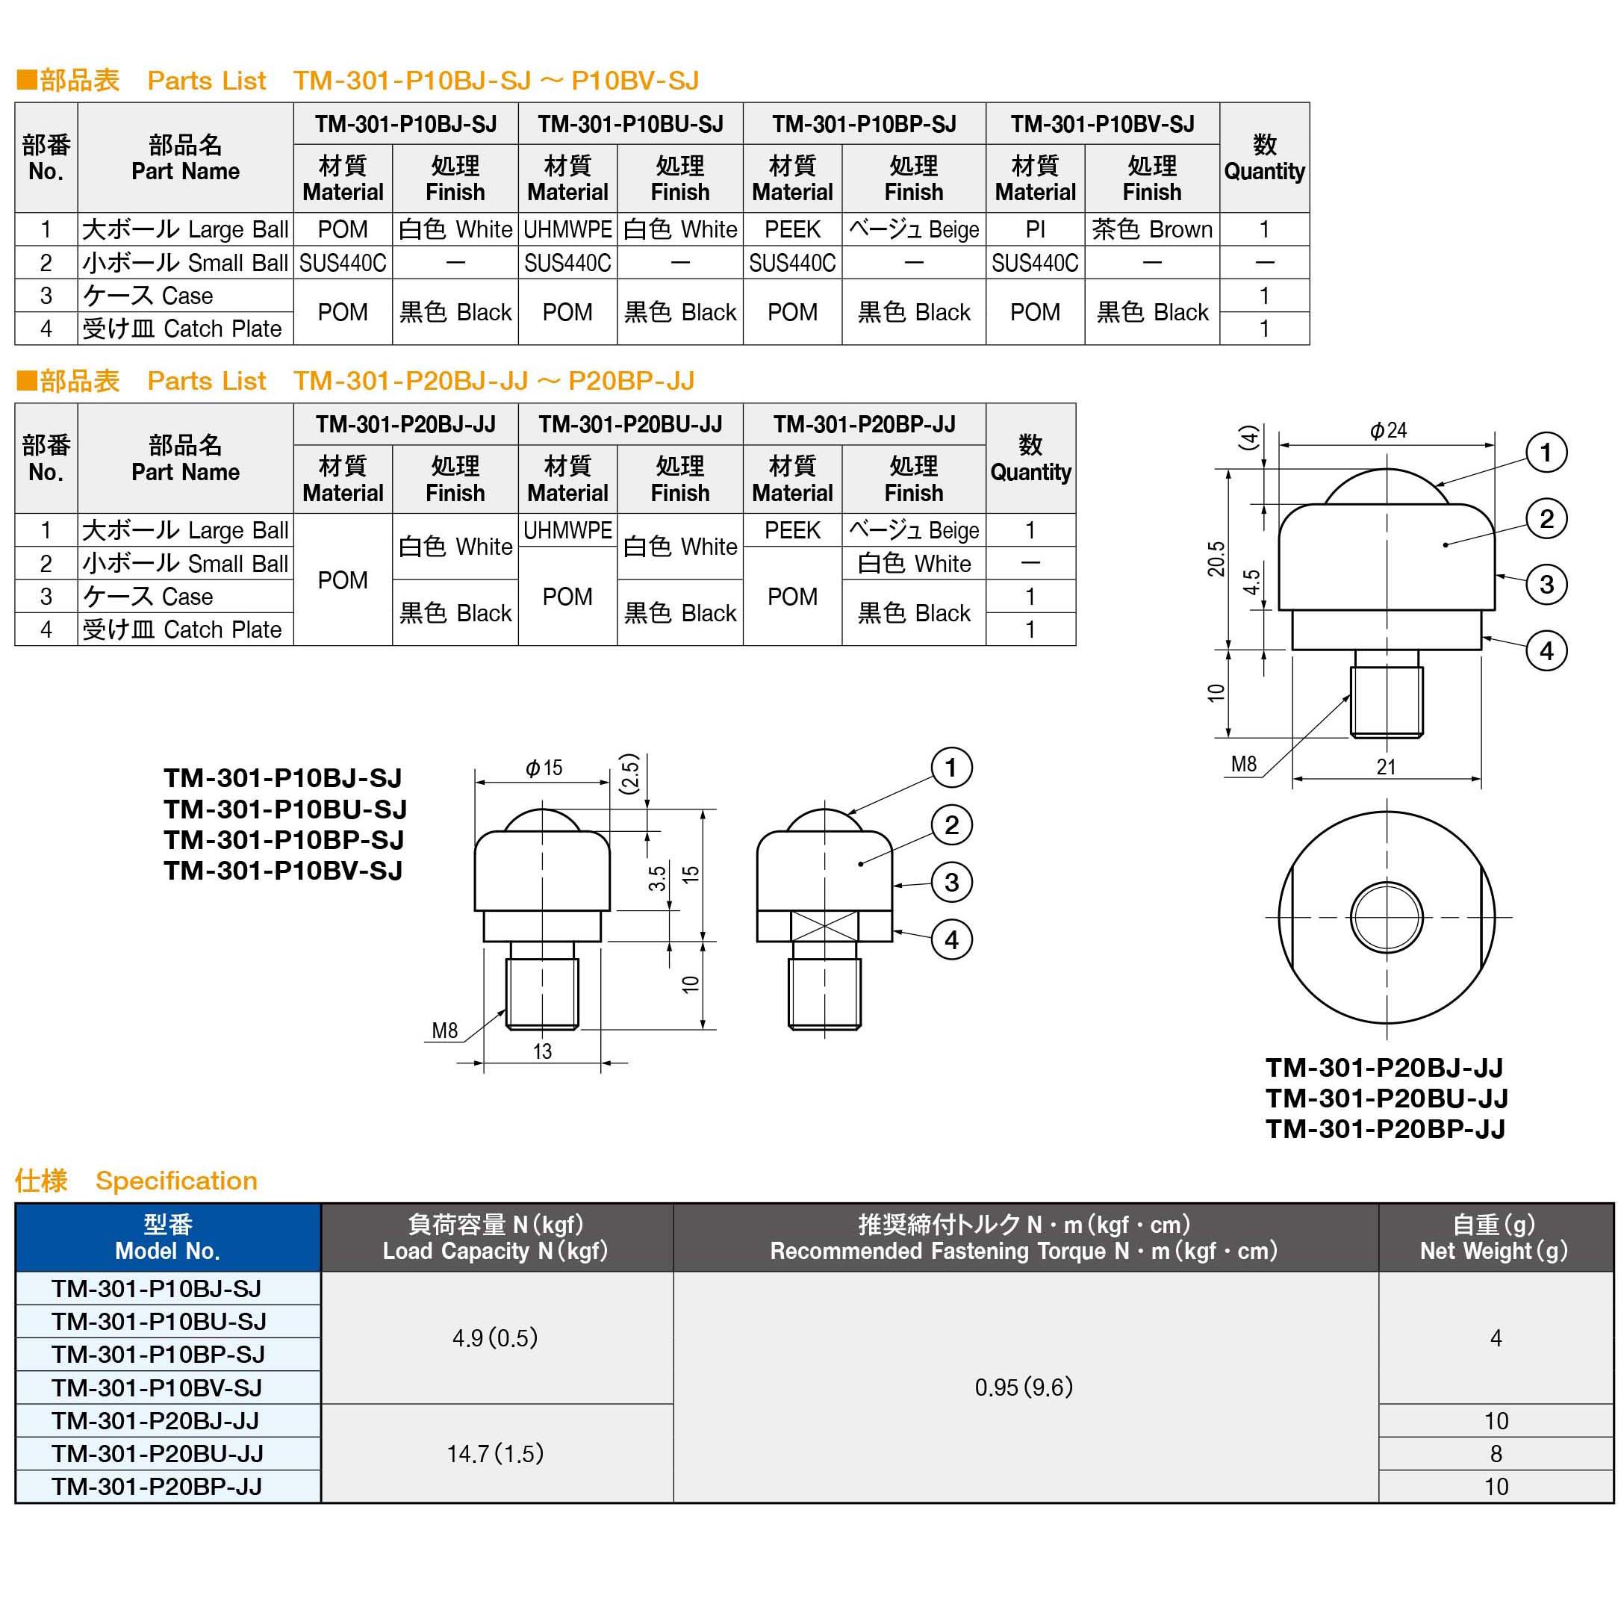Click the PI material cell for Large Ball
(1034, 229)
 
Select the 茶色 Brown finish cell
(1151, 229)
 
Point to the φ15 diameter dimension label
(544, 767)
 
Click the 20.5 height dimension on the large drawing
(1215, 559)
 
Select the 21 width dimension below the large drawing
(1386, 766)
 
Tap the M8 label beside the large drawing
(1244, 764)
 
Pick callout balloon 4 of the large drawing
(1546, 650)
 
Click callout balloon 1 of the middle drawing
(950, 767)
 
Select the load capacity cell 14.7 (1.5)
(495, 1453)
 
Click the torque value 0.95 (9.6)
(1024, 1387)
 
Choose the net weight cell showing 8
(1495, 1453)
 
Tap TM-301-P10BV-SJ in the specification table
(157, 1387)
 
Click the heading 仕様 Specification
(136, 1181)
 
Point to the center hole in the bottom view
(1386, 917)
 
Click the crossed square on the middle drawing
(825, 926)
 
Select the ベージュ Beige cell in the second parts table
(913, 530)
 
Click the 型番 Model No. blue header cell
(167, 1237)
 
